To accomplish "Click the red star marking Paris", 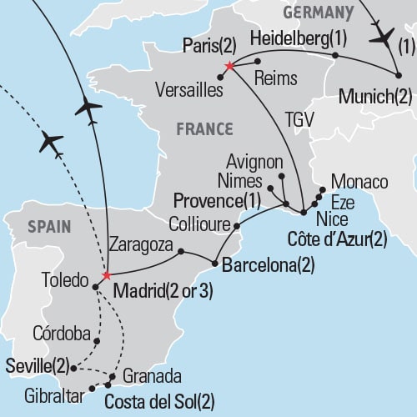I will (x=229, y=64).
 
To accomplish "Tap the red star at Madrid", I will (x=106, y=276).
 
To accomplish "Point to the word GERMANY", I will (x=317, y=12).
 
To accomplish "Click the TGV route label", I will (x=297, y=118).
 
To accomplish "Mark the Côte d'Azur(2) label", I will (x=337, y=239).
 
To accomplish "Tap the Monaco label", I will (x=359, y=182).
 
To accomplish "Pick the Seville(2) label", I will (x=36, y=365).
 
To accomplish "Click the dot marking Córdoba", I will (x=98, y=340).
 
